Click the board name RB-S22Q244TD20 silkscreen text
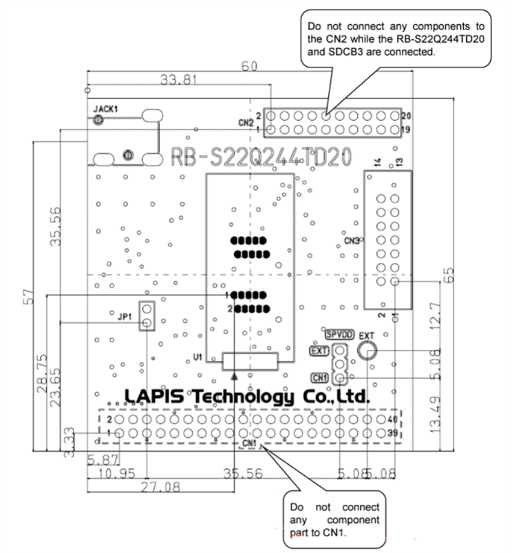(261, 158)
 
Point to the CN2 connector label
(245, 122)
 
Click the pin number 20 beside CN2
(407, 115)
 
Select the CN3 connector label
(351, 241)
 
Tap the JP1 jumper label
(125, 314)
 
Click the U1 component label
(198, 358)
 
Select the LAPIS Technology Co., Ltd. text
(246, 396)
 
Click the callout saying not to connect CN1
(335, 519)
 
